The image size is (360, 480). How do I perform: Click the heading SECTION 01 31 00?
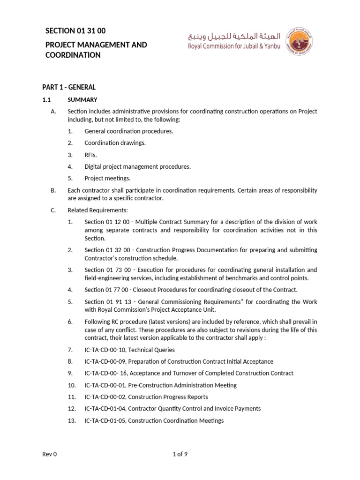75,31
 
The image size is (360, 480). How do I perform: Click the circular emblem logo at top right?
300,41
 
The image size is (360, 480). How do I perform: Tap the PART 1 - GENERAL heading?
69,87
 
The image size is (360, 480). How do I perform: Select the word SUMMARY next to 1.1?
82,100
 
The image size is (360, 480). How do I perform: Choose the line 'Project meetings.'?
107,178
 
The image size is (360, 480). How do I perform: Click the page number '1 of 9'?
180,454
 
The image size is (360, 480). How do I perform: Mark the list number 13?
71,420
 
